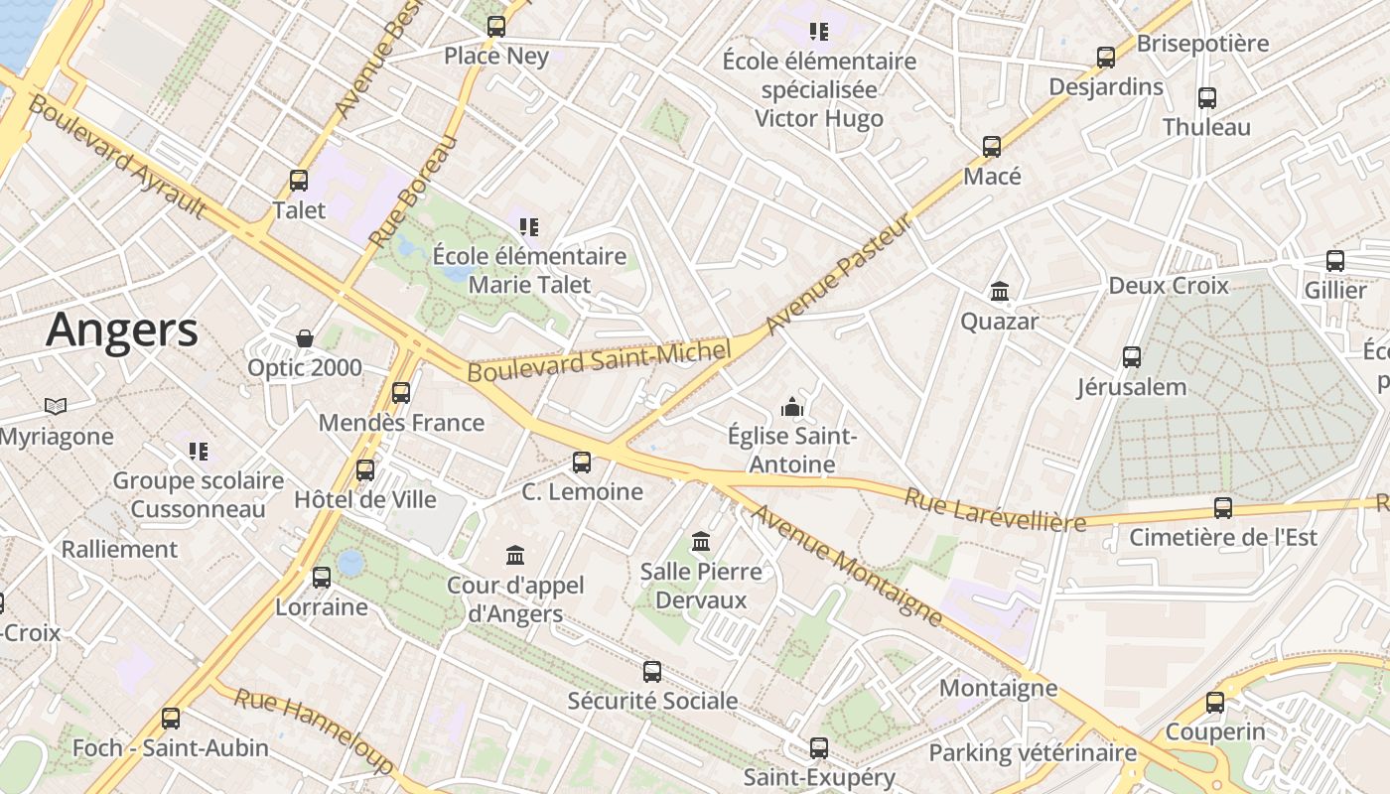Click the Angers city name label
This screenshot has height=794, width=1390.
tap(121, 330)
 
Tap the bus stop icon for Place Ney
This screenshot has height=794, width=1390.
tap(496, 27)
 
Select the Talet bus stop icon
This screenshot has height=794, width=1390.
tap(299, 181)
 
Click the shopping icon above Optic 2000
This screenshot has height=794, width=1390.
tap(305, 338)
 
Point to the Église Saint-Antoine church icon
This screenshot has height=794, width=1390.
tap(791, 406)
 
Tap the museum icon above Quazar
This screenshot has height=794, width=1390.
tap(1000, 292)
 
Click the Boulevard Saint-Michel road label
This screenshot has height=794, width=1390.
tap(599, 359)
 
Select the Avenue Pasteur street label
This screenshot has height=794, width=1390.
tap(839, 275)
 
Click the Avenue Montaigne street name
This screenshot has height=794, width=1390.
tap(847, 566)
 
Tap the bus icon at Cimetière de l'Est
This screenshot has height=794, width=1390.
tap(1223, 507)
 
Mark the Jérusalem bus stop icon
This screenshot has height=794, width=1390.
tap(1132, 357)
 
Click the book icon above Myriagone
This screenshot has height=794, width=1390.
tap(56, 406)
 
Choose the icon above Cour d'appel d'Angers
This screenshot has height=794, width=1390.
tap(514, 555)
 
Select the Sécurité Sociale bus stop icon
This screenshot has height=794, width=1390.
tap(652, 671)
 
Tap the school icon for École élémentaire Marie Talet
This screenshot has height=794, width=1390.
tap(529, 227)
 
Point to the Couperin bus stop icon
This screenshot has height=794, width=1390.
tap(1215, 703)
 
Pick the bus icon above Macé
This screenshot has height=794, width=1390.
tap(992, 147)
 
